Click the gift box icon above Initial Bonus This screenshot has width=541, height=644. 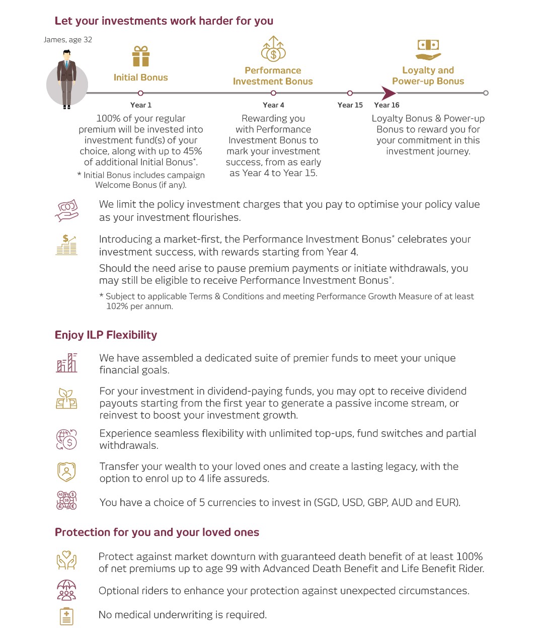click(141, 56)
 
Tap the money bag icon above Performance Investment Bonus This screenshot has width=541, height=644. click(273, 49)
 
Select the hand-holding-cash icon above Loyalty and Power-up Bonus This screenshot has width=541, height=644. click(428, 50)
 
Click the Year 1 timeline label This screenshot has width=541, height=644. click(140, 105)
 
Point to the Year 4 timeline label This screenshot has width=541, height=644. click(273, 105)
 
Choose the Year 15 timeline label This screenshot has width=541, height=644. click(350, 105)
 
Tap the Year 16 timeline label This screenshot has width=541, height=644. click(387, 105)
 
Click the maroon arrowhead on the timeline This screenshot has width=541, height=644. click(389, 93)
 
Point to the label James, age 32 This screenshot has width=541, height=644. click(68, 40)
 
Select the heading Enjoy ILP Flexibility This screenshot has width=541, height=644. click(106, 335)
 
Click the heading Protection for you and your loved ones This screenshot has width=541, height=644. click(157, 532)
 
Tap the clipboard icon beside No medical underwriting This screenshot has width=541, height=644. click(66, 616)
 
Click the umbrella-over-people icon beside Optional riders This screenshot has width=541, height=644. click(66, 590)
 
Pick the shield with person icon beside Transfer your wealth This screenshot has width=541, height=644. click(66, 472)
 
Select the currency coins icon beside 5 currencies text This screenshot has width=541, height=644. click(66, 501)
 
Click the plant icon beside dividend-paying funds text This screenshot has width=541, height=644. click(66, 398)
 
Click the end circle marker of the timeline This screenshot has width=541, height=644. click(485, 93)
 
